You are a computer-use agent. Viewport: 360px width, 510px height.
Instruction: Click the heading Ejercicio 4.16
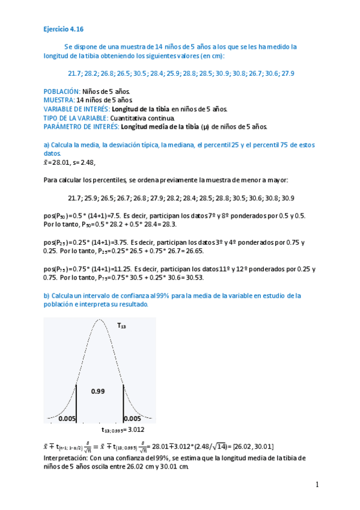point(64,28)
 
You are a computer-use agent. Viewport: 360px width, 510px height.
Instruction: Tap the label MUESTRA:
point(59,100)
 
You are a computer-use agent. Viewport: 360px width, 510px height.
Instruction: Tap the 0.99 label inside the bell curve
point(98,391)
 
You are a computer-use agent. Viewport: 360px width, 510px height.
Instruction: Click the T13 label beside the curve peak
point(121,325)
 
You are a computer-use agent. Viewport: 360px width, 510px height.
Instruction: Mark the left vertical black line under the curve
point(76,404)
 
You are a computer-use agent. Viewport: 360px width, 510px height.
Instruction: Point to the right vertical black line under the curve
point(123,404)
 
